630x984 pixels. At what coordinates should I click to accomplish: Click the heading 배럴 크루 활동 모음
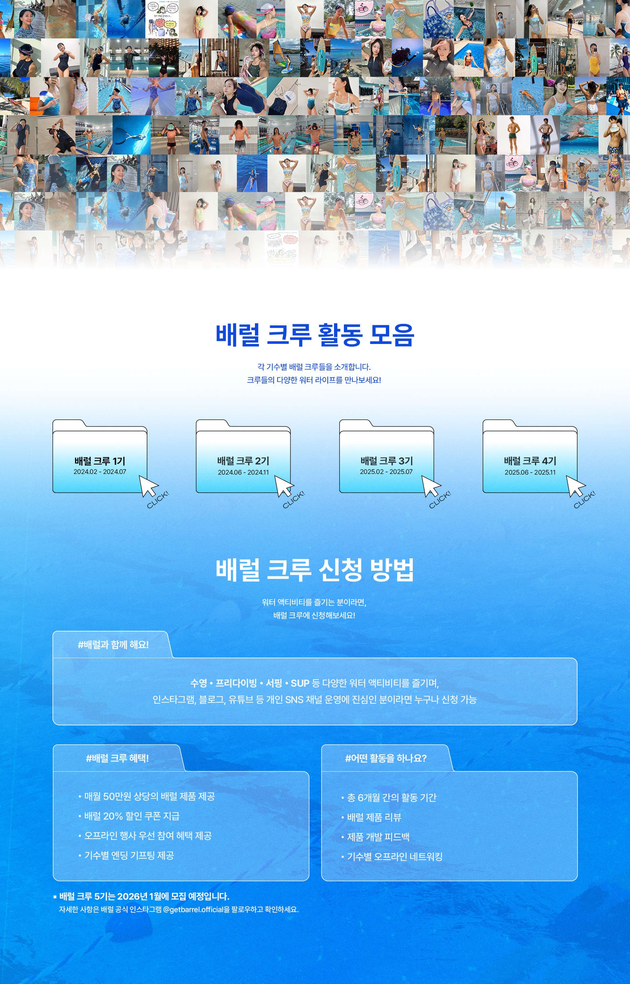[315, 335]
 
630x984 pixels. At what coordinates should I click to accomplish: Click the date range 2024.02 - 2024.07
[100, 472]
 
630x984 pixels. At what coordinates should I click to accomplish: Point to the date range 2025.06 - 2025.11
[530, 472]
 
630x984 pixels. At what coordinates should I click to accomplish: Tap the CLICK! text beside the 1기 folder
[158, 500]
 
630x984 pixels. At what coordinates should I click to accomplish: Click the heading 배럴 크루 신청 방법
[315, 569]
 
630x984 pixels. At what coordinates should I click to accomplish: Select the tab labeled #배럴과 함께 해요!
[113, 645]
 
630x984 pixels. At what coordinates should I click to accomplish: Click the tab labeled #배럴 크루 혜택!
[117, 759]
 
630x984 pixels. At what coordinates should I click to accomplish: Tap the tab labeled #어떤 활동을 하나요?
[386, 759]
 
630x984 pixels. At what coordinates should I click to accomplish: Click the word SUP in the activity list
[300, 683]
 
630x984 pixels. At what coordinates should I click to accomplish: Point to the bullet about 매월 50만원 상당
[149, 797]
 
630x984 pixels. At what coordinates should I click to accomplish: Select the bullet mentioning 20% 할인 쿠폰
[132, 816]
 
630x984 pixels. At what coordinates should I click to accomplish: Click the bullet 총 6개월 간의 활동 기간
[391, 798]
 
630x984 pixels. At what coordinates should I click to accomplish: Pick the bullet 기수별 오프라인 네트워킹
[395, 856]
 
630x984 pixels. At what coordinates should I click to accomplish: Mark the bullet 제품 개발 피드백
[378, 837]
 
